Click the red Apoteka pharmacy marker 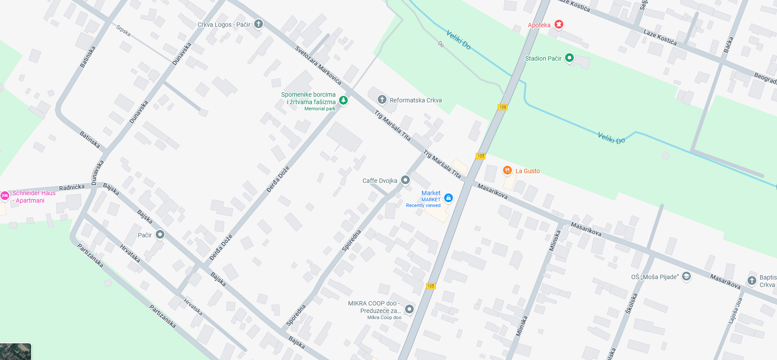click(558, 25)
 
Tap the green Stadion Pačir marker click(569, 58)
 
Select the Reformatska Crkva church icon click(382, 100)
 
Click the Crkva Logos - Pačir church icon click(259, 24)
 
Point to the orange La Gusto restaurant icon click(507, 171)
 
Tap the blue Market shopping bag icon click(448, 198)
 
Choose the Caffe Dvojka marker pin click(405, 180)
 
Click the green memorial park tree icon click(343, 100)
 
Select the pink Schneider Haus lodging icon click(5, 196)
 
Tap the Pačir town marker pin click(160, 235)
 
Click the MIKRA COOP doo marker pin click(409, 309)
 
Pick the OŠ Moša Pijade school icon click(686, 276)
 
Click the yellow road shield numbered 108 click(503, 107)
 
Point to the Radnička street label click(72, 188)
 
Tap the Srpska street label click(124, 30)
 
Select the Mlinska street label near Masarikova click(554, 241)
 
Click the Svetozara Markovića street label click(318, 65)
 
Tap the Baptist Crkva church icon click(752, 280)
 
